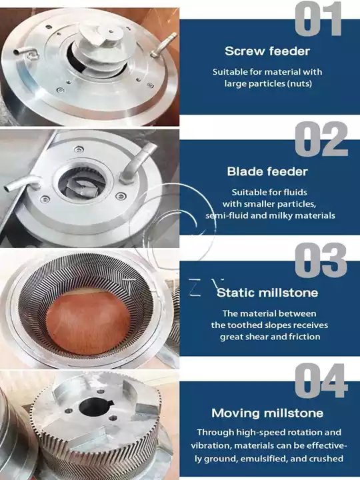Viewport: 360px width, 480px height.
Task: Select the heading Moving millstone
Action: click(x=267, y=413)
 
